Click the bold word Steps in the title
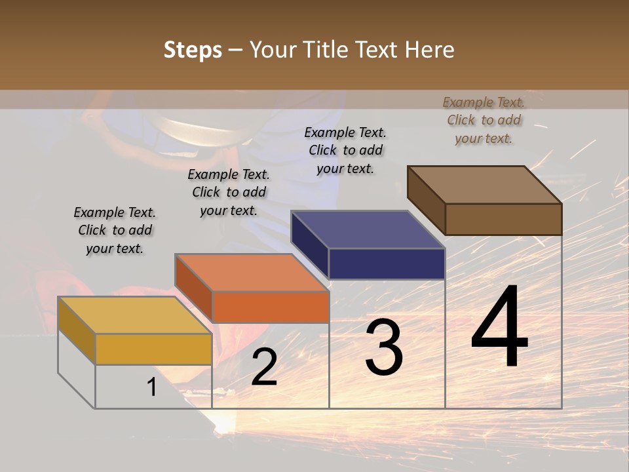[193, 50]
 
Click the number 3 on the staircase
[383, 347]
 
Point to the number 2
[264, 368]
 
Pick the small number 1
[151, 387]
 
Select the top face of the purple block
[367, 229]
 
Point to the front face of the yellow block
[153, 349]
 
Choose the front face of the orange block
[270, 307]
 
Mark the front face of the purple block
[387, 264]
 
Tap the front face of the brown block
[503, 219]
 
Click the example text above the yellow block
[115, 230]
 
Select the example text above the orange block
[229, 192]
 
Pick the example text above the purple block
[345, 150]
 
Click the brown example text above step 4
[484, 120]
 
